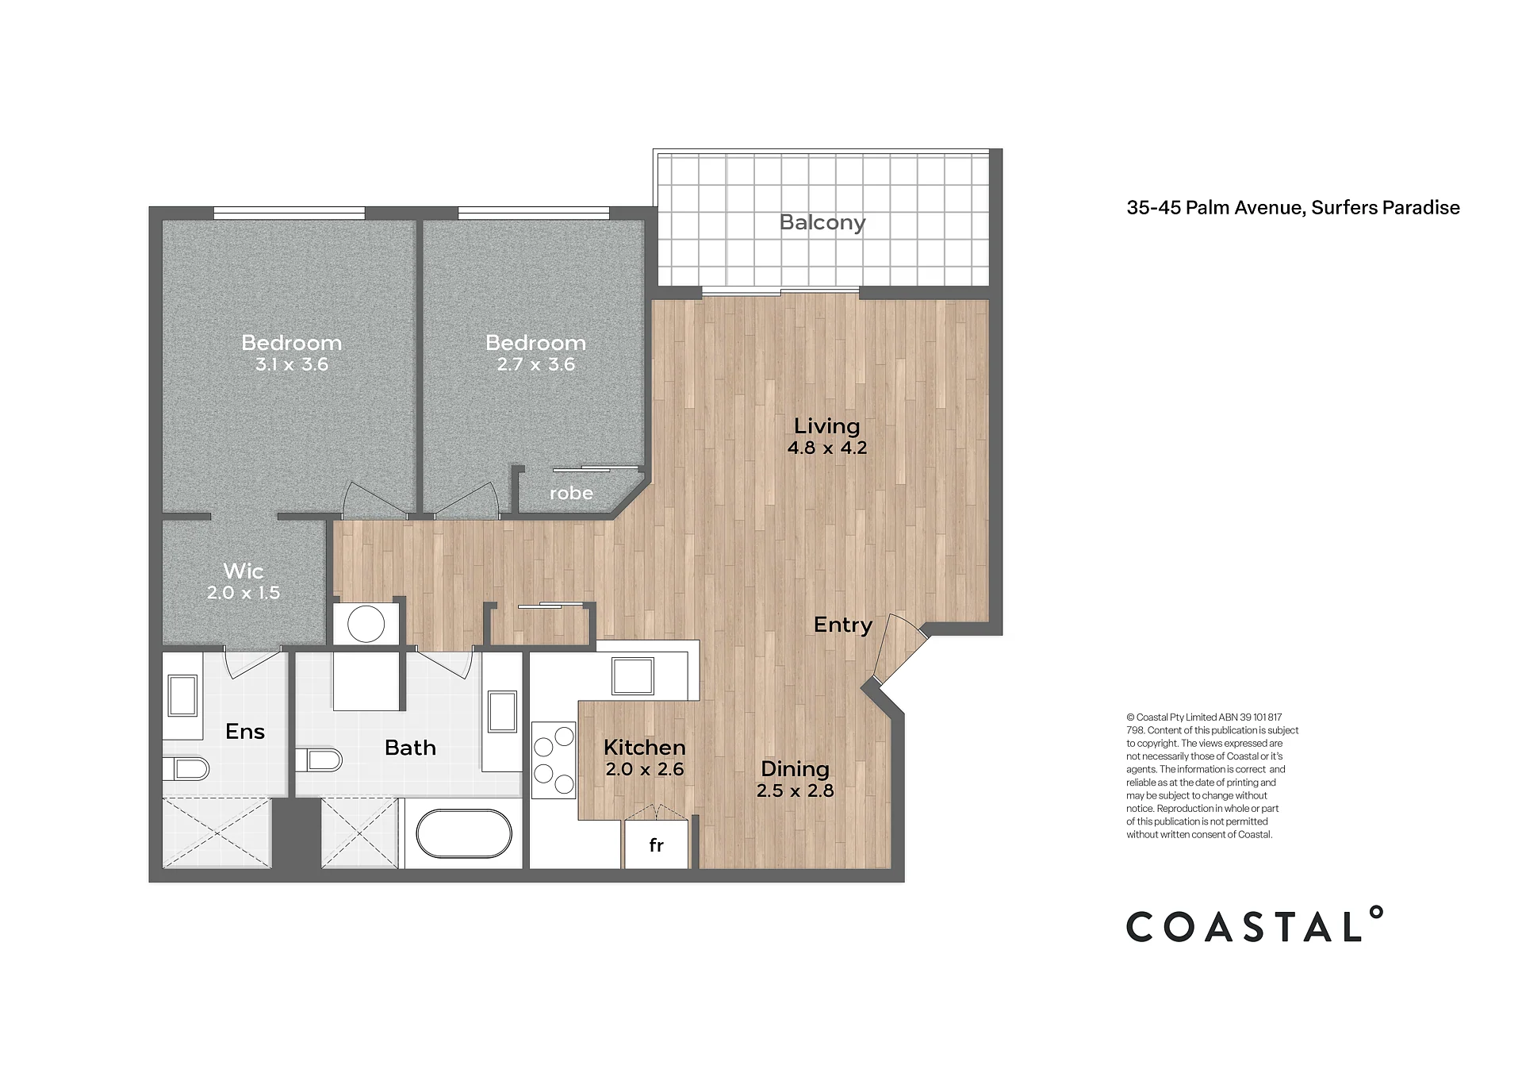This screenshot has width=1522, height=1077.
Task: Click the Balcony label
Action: tap(822, 223)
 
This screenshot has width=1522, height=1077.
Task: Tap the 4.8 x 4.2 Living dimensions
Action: tap(827, 448)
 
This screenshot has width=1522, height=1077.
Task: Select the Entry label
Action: tap(843, 625)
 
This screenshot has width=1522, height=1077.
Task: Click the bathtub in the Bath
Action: tap(464, 833)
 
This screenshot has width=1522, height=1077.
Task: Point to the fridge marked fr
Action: tap(656, 844)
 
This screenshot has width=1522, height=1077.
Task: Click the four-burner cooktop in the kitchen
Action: tap(554, 760)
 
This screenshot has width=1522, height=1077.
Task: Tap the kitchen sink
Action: tap(633, 676)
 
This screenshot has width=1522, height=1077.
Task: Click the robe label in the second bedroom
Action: tap(571, 494)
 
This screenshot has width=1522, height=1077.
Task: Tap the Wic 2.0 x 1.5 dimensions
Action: tap(243, 593)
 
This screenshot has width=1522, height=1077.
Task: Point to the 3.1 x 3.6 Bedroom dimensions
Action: tap(292, 365)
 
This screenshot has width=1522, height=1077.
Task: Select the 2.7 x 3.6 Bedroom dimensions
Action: tap(536, 365)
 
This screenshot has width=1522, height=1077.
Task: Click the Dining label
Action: tap(795, 769)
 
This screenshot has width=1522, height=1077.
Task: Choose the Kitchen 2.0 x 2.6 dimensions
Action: tap(645, 769)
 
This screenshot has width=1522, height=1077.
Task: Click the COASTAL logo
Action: tap(1255, 925)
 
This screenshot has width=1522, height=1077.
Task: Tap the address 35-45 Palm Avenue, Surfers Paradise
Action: tap(1293, 208)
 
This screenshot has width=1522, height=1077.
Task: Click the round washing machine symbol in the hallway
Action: tap(366, 625)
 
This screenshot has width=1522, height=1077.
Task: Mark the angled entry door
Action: tap(900, 649)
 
